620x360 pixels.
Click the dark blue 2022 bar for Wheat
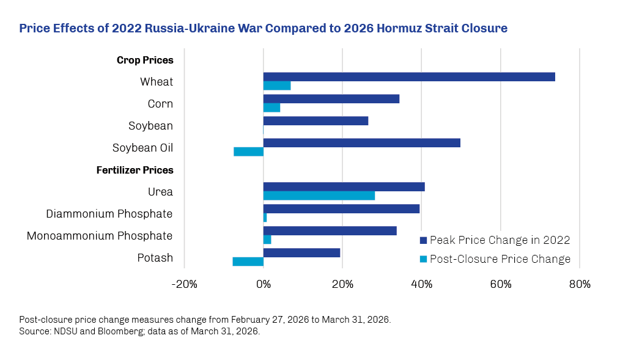pos(408,77)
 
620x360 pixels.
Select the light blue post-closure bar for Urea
pos(319,196)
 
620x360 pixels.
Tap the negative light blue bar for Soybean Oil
pos(248,152)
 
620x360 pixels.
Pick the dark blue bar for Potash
pos(301,252)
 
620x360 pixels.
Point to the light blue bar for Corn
pos(271,108)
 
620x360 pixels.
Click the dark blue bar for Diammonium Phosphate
pos(341,208)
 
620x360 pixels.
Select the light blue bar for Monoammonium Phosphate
pos(267,240)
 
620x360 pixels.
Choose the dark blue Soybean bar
pos(316,121)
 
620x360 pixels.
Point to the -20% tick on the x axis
pos(184,284)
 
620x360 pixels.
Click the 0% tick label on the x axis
pos(264,284)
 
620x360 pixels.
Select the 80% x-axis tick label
pos(579,284)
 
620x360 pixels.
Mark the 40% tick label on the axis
pos(421,284)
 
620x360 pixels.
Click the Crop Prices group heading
pos(145,60)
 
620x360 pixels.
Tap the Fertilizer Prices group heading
pos(135,170)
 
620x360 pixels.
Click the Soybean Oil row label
pos(142,148)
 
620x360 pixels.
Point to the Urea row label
pos(160,192)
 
